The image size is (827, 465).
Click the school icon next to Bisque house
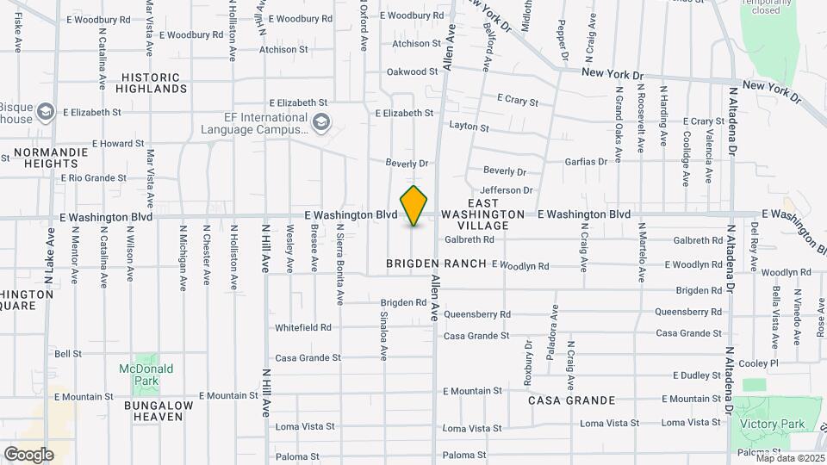coord(46,112)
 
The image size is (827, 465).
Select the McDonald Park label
coord(146,374)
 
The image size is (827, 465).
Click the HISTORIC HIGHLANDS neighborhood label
coord(154,83)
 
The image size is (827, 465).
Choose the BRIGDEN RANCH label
coord(436,263)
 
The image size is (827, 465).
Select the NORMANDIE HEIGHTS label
coord(52,158)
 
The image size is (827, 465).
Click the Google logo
coord(28,454)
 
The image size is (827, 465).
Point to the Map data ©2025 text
coord(790,458)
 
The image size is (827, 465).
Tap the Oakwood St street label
coord(413,71)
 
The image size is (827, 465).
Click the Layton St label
coord(469,127)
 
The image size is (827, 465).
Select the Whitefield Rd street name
coord(303,327)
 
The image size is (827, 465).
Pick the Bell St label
coord(68,353)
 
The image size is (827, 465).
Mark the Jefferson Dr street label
coord(507,189)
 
